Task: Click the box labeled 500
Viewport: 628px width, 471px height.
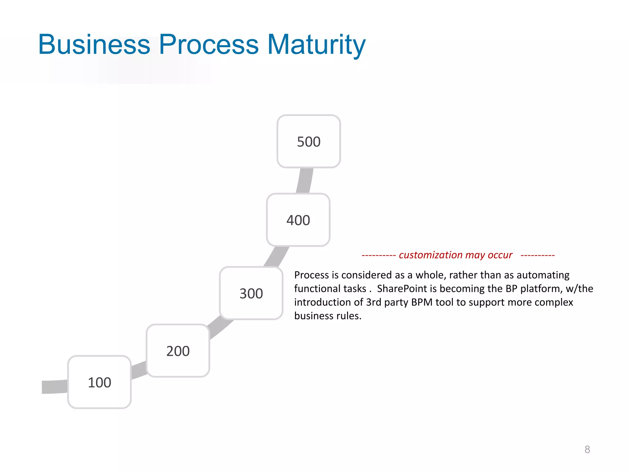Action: [308, 141]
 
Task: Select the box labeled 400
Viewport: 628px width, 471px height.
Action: [298, 220]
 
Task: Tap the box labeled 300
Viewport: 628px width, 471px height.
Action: [251, 293]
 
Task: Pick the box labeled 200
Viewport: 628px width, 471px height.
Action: [178, 350]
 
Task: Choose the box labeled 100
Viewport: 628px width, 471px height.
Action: [99, 382]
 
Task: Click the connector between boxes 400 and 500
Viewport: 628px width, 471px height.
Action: [305, 181]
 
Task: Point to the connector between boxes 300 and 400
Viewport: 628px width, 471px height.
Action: [277, 257]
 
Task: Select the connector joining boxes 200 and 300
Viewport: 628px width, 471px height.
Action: [220, 328]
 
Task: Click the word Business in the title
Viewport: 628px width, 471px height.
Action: [94, 44]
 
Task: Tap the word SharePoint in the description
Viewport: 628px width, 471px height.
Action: [402, 289]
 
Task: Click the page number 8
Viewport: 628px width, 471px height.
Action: [587, 450]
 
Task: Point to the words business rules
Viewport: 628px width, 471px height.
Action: [327, 316]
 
